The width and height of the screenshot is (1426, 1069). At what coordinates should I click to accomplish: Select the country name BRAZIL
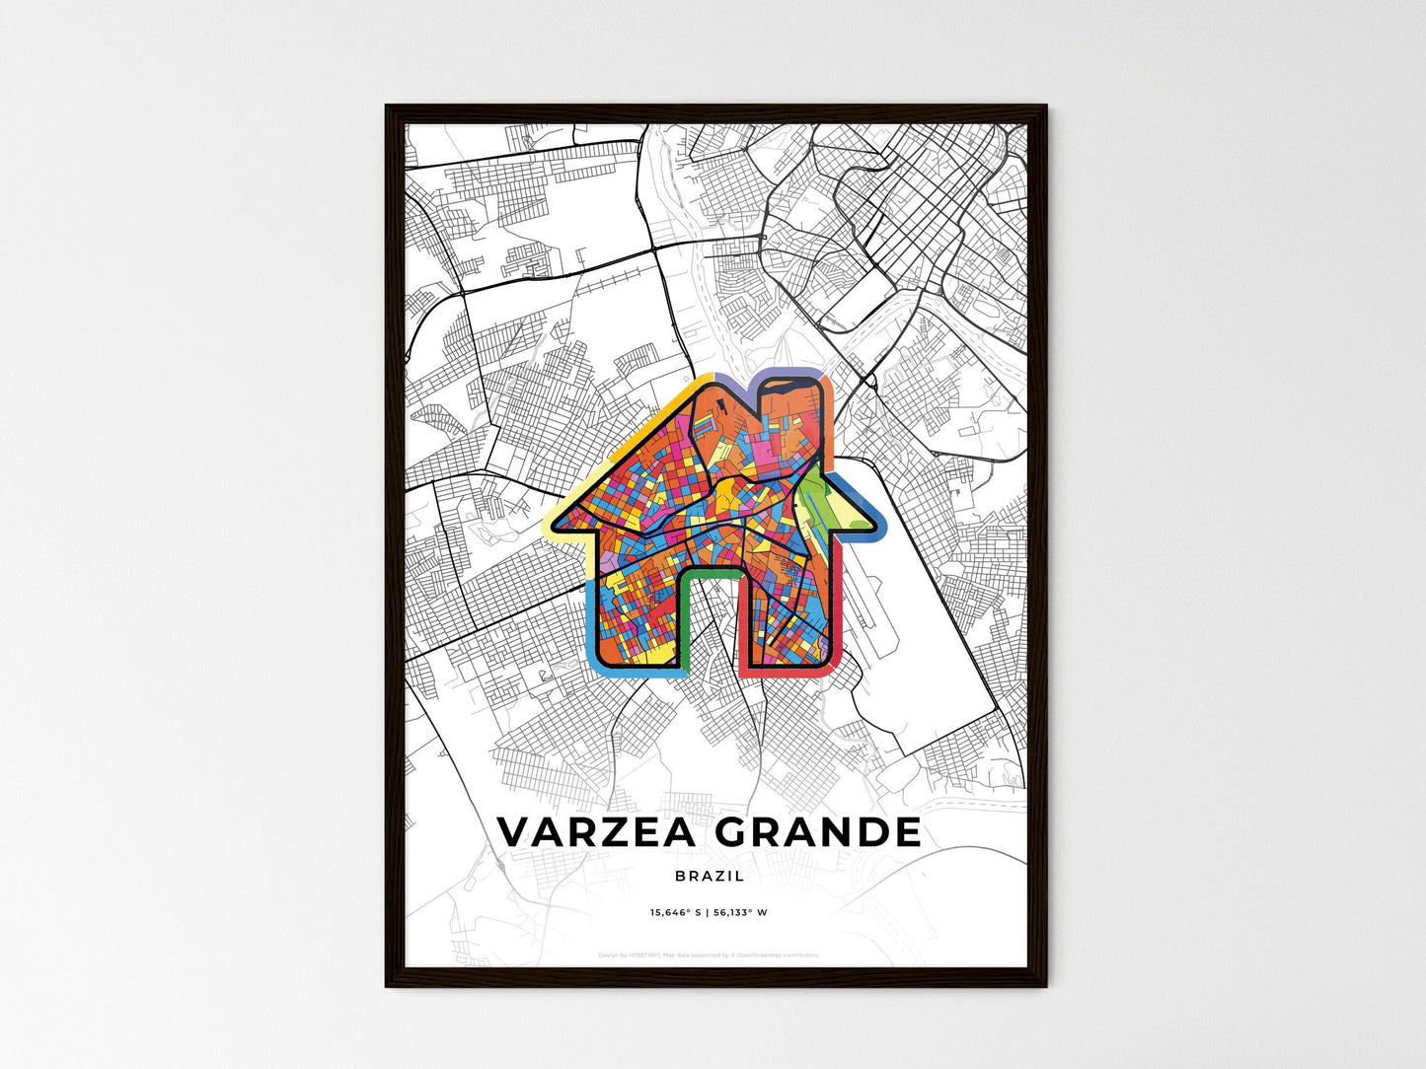tap(711, 876)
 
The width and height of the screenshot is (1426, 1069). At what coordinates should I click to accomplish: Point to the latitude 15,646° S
tap(675, 912)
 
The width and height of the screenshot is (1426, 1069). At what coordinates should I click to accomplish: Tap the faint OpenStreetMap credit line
tap(709, 955)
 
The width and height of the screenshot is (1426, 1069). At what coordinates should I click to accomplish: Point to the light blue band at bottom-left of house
tap(592, 631)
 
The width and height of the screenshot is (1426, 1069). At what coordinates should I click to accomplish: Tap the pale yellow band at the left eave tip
tap(553, 524)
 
